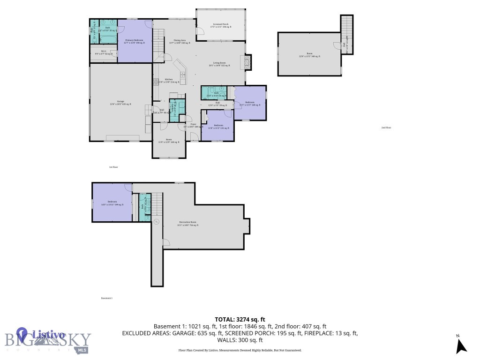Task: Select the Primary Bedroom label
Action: (x=135, y=42)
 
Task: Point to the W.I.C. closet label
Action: (x=104, y=53)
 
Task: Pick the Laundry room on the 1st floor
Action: (x=173, y=112)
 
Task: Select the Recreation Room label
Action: (x=188, y=224)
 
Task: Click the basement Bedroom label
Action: (x=112, y=203)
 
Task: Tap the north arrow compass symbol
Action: (x=461, y=345)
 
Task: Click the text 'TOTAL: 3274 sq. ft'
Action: (x=240, y=318)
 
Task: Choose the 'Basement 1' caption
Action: (x=107, y=298)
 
